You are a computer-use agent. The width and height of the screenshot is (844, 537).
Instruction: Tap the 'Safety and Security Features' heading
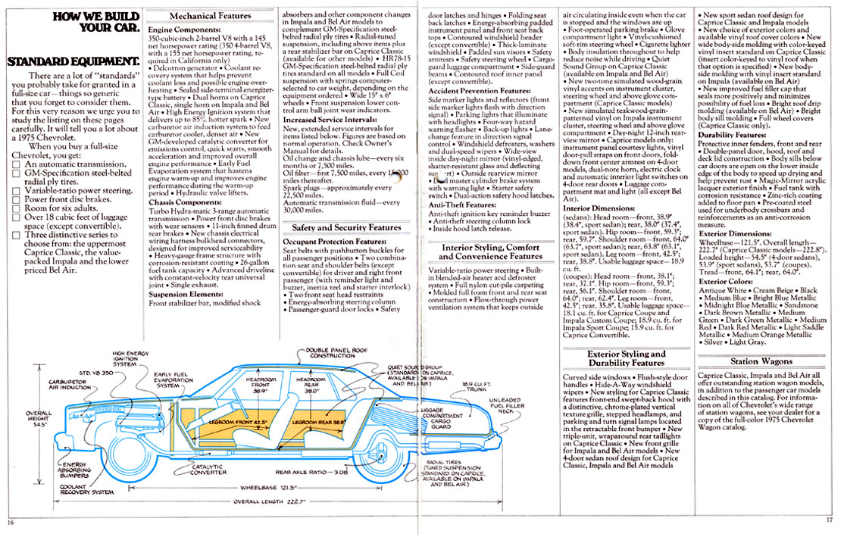pyautogui.click(x=346, y=227)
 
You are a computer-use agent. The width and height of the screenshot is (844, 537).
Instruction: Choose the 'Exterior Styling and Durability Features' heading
pyautogui.click(x=626, y=358)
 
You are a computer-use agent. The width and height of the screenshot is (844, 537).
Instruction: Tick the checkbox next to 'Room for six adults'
pyautogui.click(x=17, y=207)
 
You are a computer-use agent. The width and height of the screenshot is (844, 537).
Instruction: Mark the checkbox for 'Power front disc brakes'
pyautogui.click(x=17, y=196)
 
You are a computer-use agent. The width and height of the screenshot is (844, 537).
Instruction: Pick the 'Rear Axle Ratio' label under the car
pyautogui.click(x=311, y=473)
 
